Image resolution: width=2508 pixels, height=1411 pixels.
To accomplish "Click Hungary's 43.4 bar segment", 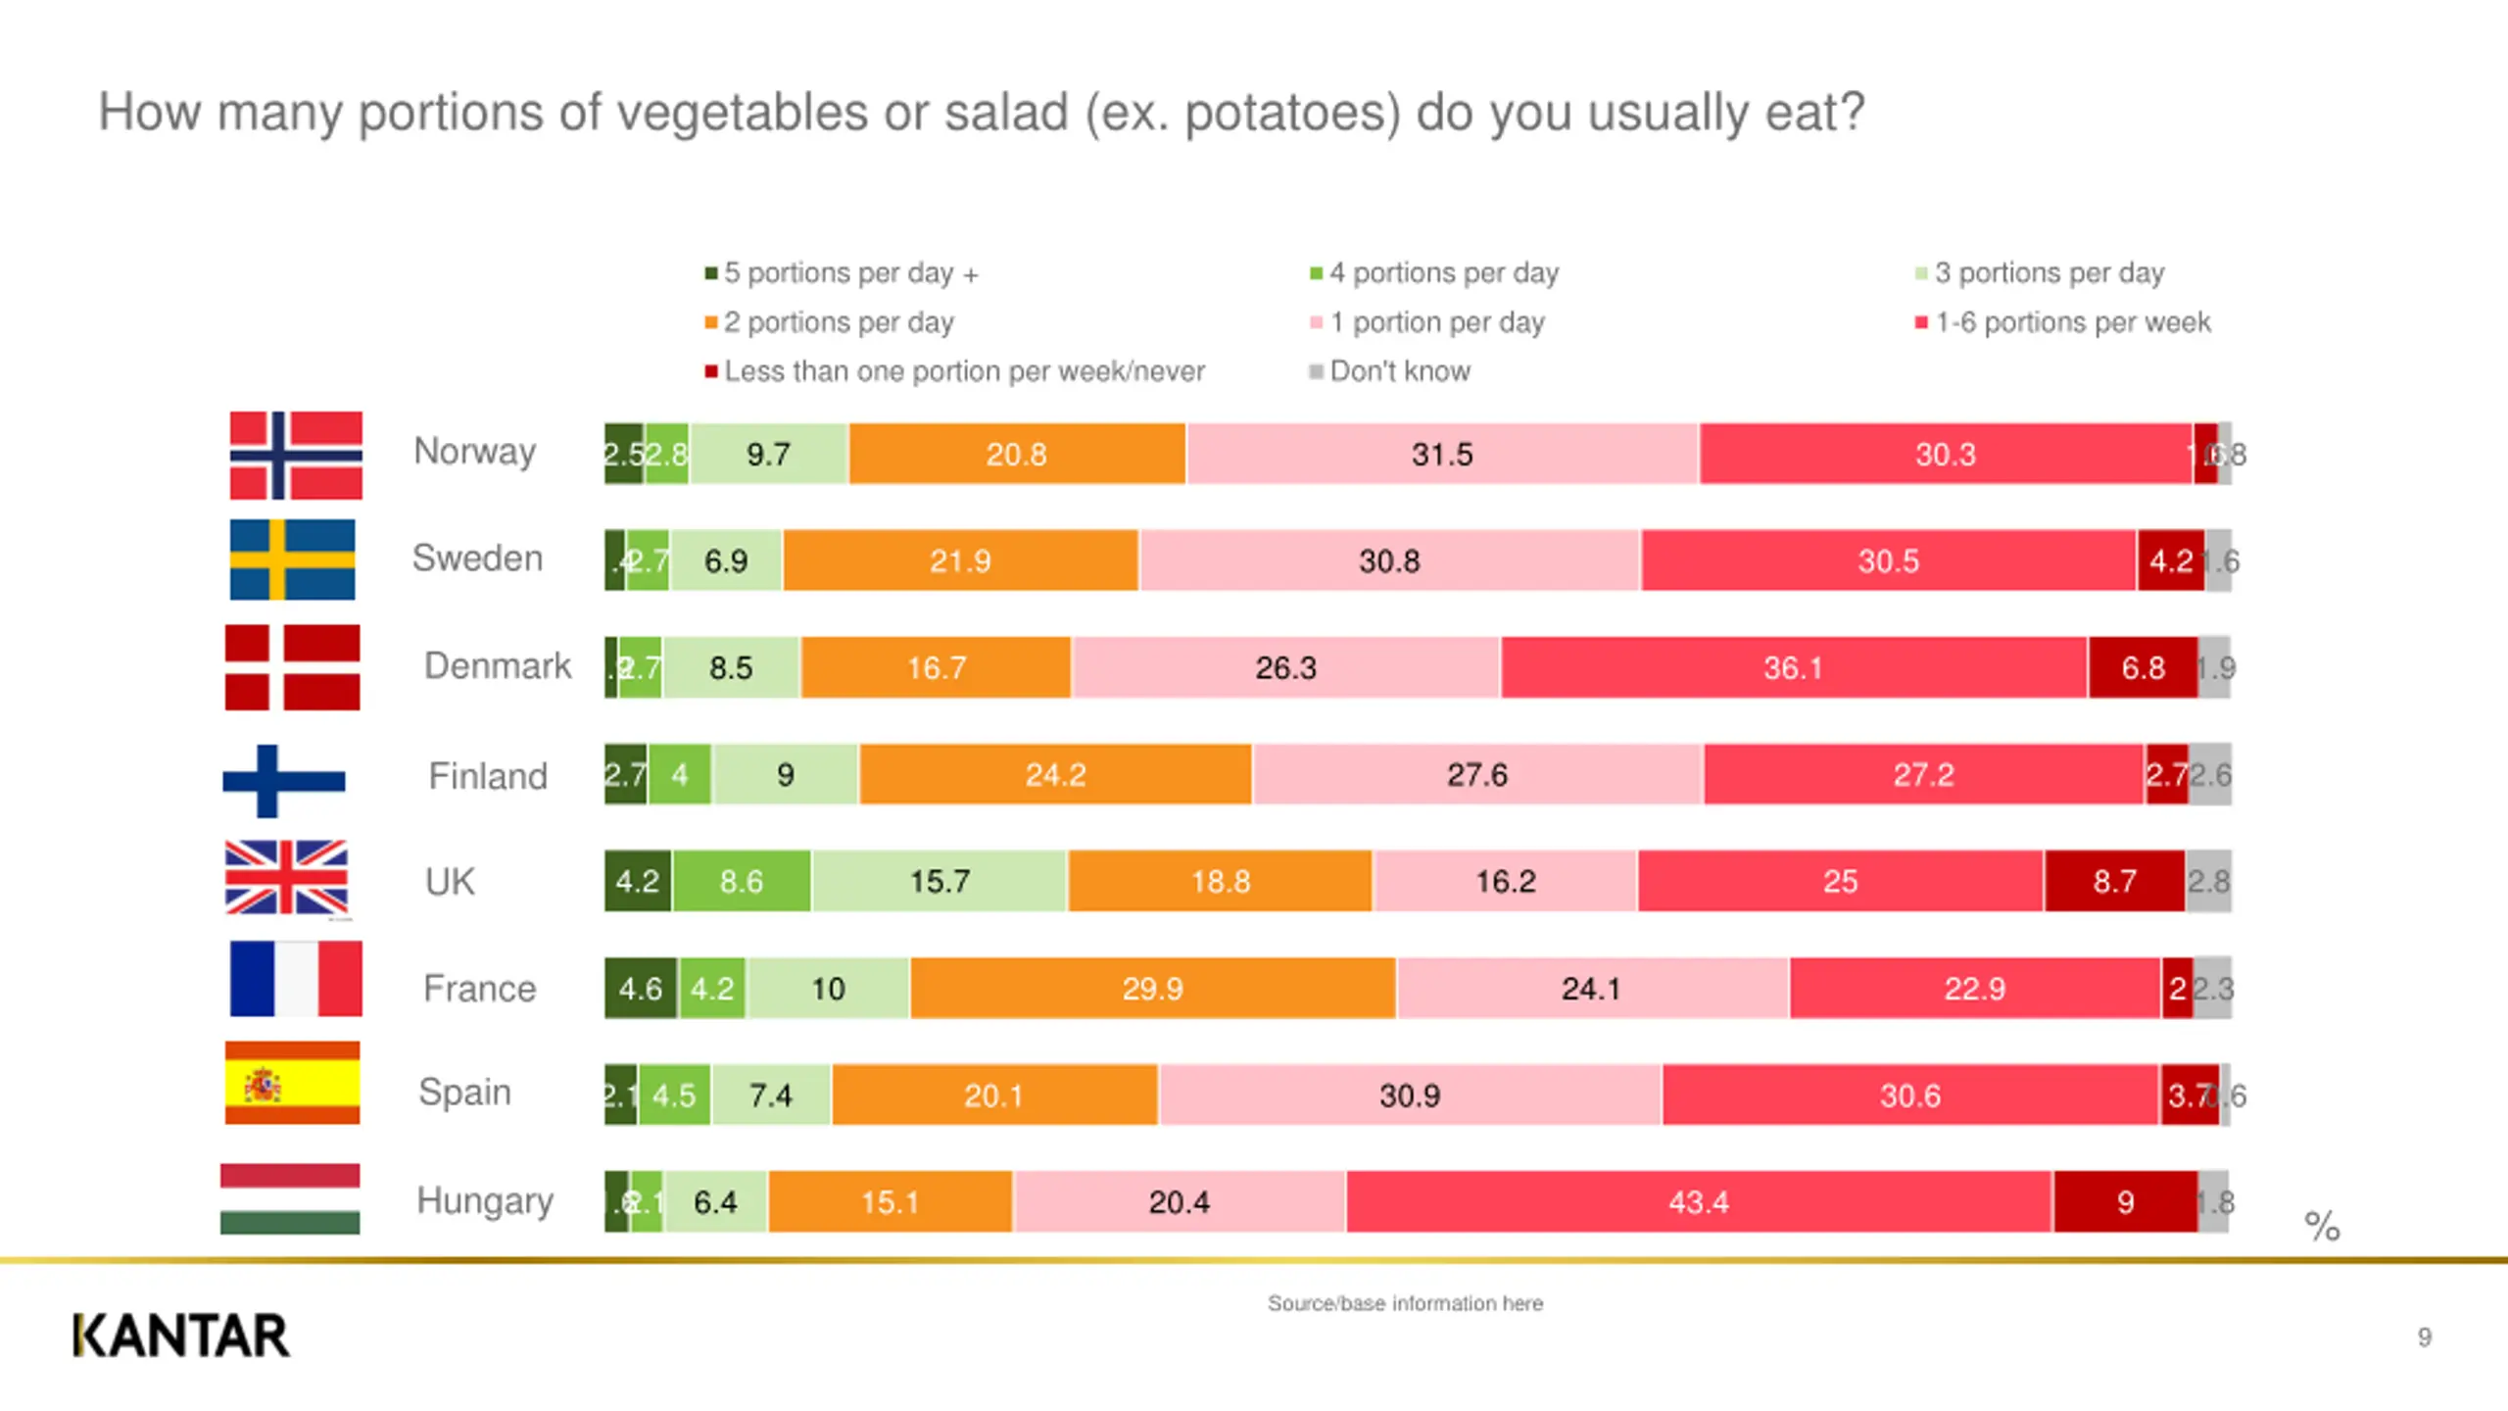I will click(x=1699, y=1201).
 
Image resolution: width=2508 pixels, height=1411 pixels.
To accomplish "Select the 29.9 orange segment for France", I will click(x=1152, y=988).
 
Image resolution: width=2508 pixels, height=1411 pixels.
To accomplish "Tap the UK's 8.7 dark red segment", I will click(x=2114, y=881).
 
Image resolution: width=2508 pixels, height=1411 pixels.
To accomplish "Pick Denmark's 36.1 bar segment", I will click(x=1793, y=667).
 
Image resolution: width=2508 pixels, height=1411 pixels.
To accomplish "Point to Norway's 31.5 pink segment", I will click(x=1441, y=454).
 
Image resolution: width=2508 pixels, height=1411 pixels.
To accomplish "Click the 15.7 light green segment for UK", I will click(x=939, y=881).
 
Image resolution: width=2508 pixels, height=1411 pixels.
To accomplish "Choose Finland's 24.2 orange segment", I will click(x=1055, y=774).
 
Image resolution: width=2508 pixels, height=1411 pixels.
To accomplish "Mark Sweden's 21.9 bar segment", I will click(x=960, y=560).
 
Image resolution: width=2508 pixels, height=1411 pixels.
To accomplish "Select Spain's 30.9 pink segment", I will click(x=1409, y=1095).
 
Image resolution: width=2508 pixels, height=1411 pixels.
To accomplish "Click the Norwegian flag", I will click(x=296, y=456).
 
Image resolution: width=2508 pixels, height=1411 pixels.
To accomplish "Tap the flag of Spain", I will click(x=292, y=1083).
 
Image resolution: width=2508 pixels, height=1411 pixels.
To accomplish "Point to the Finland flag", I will click(x=284, y=781).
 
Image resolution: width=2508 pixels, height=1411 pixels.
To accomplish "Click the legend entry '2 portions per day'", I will click(x=838, y=322).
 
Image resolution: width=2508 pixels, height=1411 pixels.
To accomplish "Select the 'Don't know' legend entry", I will click(x=1399, y=371).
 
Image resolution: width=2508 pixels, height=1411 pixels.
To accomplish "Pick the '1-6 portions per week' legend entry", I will click(x=2072, y=322).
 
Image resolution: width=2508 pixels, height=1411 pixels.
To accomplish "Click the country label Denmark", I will click(x=497, y=666).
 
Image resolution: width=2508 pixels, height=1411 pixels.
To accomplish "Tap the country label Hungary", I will click(x=485, y=1200).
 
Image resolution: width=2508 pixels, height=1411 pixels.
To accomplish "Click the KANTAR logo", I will click(x=181, y=1336).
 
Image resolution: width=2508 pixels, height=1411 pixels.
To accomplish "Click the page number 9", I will click(x=2424, y=1337).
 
